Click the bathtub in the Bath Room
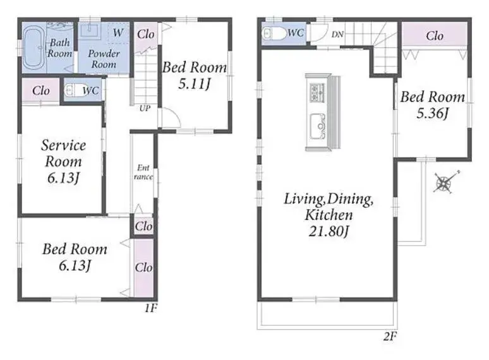[x=33, y=47]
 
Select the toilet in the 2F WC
[x=274, y=33]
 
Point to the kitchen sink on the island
[x=318, y=126]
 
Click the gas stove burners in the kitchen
[x=317, y=93]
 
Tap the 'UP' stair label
[x=145, y=108]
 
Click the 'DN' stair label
[x=337, y=34]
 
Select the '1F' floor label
[x=150, y=308]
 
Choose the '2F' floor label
[x=390, y=336]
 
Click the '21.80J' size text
[x=329, y=231]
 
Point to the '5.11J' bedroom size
[x=194, y=84]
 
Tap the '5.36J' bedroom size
[x=432, y=113]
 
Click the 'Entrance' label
[x=143, y=172]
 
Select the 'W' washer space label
[x=118, y=32]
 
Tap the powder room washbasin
[x=90, y=30]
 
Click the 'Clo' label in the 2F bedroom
[x=435, y=36]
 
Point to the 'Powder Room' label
[x=104, y=59]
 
